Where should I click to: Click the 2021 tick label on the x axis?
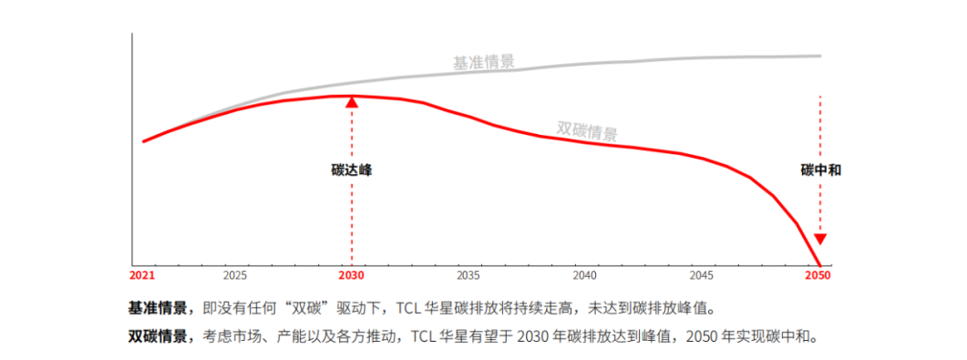click(142, 275)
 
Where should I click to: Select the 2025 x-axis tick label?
click(235, 275)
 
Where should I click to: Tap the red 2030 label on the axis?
click(352, 275)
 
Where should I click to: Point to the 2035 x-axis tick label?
click(468, 275)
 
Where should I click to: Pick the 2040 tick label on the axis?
click(585, 275)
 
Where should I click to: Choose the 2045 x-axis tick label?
click(702, 275)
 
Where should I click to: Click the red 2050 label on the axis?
click(818, 275)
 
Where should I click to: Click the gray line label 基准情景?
click(484, 63)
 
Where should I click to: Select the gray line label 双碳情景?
click(587, 130)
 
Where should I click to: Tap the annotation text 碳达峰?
click(352, 170)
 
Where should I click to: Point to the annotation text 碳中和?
click(820, 170)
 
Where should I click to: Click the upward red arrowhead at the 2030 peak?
click(352, 102)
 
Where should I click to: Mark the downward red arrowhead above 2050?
click(819, 239)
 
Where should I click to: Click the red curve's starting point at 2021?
click(144, 141)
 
